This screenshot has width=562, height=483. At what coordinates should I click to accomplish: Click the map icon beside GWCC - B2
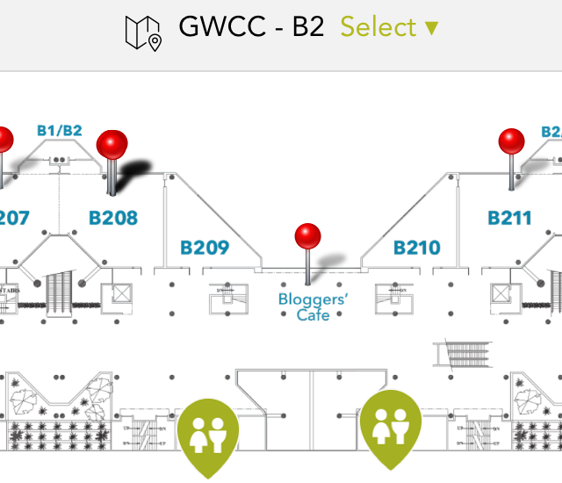pos(143,31)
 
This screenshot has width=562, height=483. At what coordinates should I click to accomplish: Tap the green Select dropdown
pos(389,27)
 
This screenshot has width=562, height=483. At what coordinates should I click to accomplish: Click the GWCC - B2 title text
pos(251,27)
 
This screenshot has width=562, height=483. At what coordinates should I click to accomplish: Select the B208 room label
pos(113,217)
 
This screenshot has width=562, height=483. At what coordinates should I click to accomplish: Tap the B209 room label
pos(205,248)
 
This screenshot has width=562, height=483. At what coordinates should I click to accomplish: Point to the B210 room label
pos(416,248)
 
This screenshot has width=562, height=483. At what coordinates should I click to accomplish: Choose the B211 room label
pos(510,217)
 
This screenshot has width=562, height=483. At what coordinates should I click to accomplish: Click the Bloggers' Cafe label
pos(313,306)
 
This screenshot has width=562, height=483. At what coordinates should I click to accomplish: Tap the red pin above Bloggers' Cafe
pos(307,237)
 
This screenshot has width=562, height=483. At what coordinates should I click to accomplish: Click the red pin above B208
pos(112,145)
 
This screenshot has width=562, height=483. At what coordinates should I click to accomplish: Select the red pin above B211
pos(512,142)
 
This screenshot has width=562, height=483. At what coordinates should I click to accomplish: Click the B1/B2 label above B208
pos(59,131)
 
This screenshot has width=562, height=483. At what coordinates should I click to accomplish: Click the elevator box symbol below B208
pos(116,295)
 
